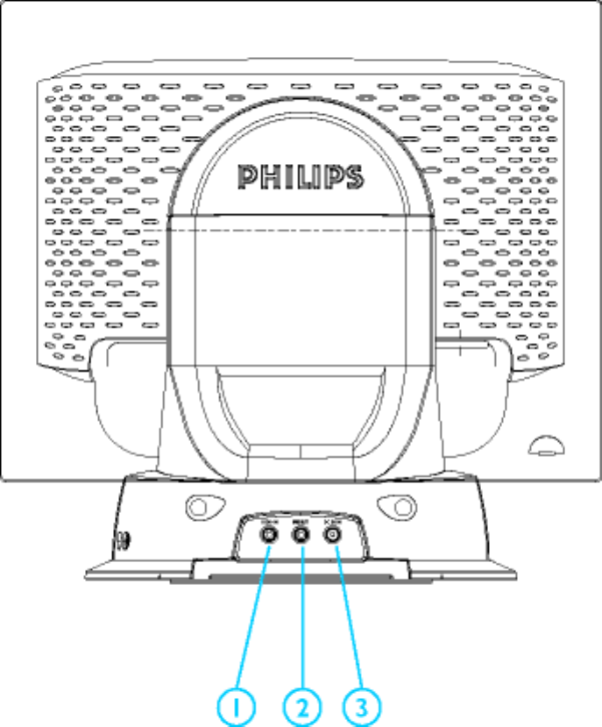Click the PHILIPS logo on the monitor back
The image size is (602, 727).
[300, 175]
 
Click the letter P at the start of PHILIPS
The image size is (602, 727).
[248, 175]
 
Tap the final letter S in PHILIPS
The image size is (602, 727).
[352, 175]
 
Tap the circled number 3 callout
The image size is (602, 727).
[361, 703]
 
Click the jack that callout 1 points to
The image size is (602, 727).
[268, 532]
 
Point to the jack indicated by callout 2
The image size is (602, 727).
[301, 532]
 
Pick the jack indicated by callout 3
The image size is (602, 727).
[332, 532]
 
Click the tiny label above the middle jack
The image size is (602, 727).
[301, 520]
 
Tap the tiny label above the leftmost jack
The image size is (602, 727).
[268, 520]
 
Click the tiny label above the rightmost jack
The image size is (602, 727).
[332, 520]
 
